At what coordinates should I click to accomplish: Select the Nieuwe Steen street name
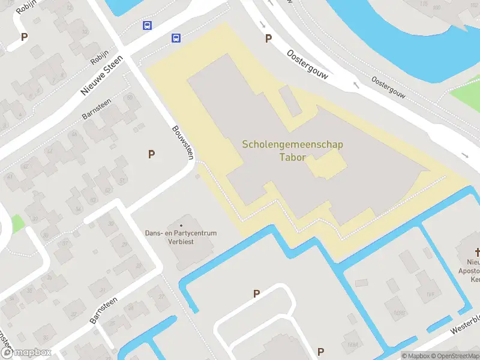click(x=101, y=75)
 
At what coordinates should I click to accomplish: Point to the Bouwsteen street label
click(x=183, y=142)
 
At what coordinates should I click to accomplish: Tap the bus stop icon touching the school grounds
click(x=176, y=38)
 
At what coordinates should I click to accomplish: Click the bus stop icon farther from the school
click(x=147, y=25)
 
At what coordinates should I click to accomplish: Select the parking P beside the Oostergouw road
click(x=268, y=38)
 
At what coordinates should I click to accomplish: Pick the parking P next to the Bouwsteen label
click(x=152, y=154)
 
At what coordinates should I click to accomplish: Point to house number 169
click(x=430, y=294)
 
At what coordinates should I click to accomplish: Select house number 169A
click(x=352, y=344)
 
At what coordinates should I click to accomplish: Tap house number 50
click(x=128, y=98)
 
